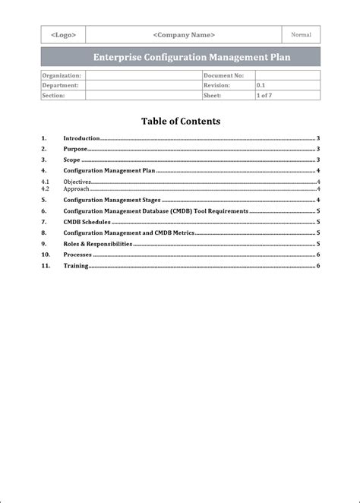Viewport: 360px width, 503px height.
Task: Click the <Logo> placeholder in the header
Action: (x=63, y=35)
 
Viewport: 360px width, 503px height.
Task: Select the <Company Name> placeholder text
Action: (x=183, y=35)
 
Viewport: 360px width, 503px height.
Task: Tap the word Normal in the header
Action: (x=301, y=34)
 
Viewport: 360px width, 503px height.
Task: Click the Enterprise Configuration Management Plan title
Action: (x=181, y=57)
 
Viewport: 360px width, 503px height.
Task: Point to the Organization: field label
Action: (x=62, y=76)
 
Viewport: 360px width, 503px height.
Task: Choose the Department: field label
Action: (x=61, y=86)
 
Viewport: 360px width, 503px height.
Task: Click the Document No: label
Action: (x=223, y=76)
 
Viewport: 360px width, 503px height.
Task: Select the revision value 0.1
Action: (x=261, y=86)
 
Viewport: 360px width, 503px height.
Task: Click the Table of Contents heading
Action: (x=180, y=121)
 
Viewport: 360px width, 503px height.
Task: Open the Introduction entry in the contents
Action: (x=81, y=138)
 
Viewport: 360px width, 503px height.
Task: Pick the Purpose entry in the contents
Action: (x=75, y=149)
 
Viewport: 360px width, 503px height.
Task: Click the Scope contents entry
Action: (x=72, y=160)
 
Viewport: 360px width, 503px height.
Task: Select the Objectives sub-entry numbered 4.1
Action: (x=77, y=182)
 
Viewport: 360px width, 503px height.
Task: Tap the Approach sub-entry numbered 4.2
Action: (x=76, y=188)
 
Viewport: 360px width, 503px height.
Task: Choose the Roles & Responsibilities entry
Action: (x=98, y=244)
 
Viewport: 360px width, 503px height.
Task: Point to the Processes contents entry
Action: (x=77, y=255)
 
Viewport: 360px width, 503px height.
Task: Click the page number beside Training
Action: (x=318, y=266)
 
